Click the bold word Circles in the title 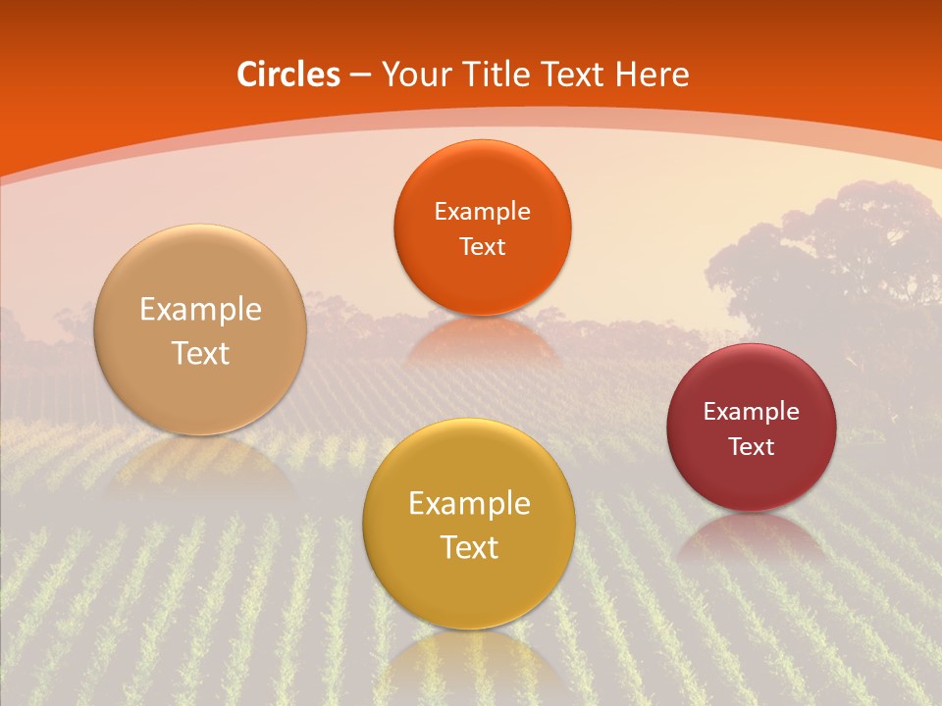[288, 75]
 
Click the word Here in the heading [652, 75]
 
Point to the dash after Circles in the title [359, 76]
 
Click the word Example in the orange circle [482, 211]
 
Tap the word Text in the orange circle [482, 246]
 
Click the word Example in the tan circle [200, 310]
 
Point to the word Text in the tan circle [200, 353]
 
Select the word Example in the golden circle [469, 503]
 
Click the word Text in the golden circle [469, 547]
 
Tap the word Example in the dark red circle [752, 411]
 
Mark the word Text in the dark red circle [752, 446]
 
